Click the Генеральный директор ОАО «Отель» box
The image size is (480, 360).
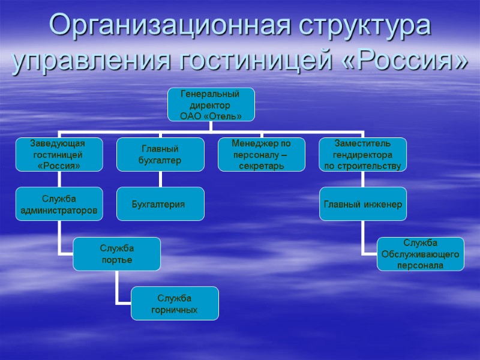coord(210,104)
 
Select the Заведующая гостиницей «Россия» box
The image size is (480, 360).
coord(59,154)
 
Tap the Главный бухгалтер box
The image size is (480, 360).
coord(160,154)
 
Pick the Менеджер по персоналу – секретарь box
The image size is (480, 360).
coord(261,154)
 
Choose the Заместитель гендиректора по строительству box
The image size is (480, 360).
coord(362,154)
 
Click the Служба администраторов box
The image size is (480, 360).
coord(59,204)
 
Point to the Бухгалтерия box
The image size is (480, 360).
coord(160,204)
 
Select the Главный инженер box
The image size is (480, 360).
coord(362,204)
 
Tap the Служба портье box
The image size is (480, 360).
coord(117,254)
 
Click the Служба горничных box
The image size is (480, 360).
coord(175,304)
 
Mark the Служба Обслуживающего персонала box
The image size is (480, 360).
coord(420,254)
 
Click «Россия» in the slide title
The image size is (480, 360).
coord(408,61)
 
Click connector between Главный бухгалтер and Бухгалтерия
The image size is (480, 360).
coord(160,179)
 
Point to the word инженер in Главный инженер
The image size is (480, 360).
coord(382,205)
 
